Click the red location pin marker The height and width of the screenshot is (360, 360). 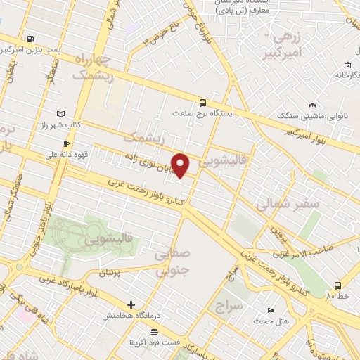click(181, 165)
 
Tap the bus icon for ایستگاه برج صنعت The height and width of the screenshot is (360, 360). click(202, 101)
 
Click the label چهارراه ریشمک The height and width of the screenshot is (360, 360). click(92, 67)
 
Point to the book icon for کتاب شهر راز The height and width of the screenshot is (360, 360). click(60, 114)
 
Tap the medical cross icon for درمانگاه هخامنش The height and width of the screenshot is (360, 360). click(131, 304)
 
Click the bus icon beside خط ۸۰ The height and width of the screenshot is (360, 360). click(338, 285)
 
